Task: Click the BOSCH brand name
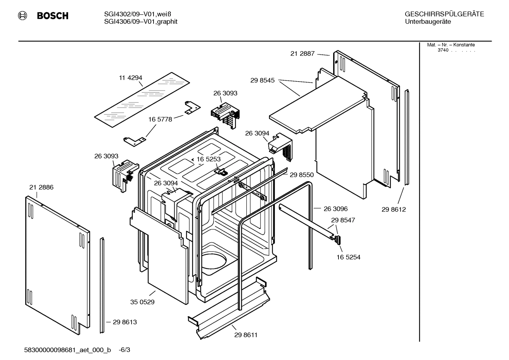[x=53, y=16]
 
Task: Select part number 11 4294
[x=131, y=78]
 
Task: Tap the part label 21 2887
[x=303, y=54]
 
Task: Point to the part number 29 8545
[x=263, y=81]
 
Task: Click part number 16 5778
[x=160, y=119]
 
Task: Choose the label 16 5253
[x=209, y=159]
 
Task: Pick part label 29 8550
[x=302, y=175]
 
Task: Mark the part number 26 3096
[x=336, y=209]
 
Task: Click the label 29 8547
[x=343, y=220]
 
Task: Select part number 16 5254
[x=348, y=257]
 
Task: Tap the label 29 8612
[x=394, y=209]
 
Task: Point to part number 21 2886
[x=41, y=187]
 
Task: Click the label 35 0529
[x=142, y=302]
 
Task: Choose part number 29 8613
[x=125, y=322]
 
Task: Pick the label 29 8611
[x=246, y=335]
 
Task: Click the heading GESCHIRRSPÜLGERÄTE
[x=444, y=14]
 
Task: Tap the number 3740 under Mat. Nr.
[x=443, y=50]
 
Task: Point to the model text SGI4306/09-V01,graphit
[x=141, y=22]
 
